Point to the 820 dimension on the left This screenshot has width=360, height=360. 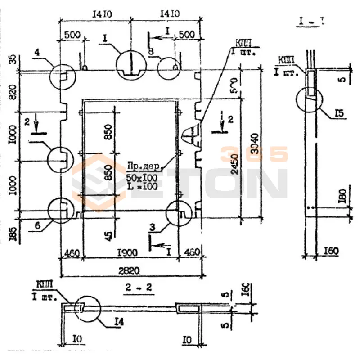click(x=12, y=92)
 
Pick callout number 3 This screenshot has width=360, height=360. click(x=153, y=228)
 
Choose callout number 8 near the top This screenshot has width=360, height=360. click(x=151, y=52)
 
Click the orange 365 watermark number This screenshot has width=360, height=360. click(x=254, y=154)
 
